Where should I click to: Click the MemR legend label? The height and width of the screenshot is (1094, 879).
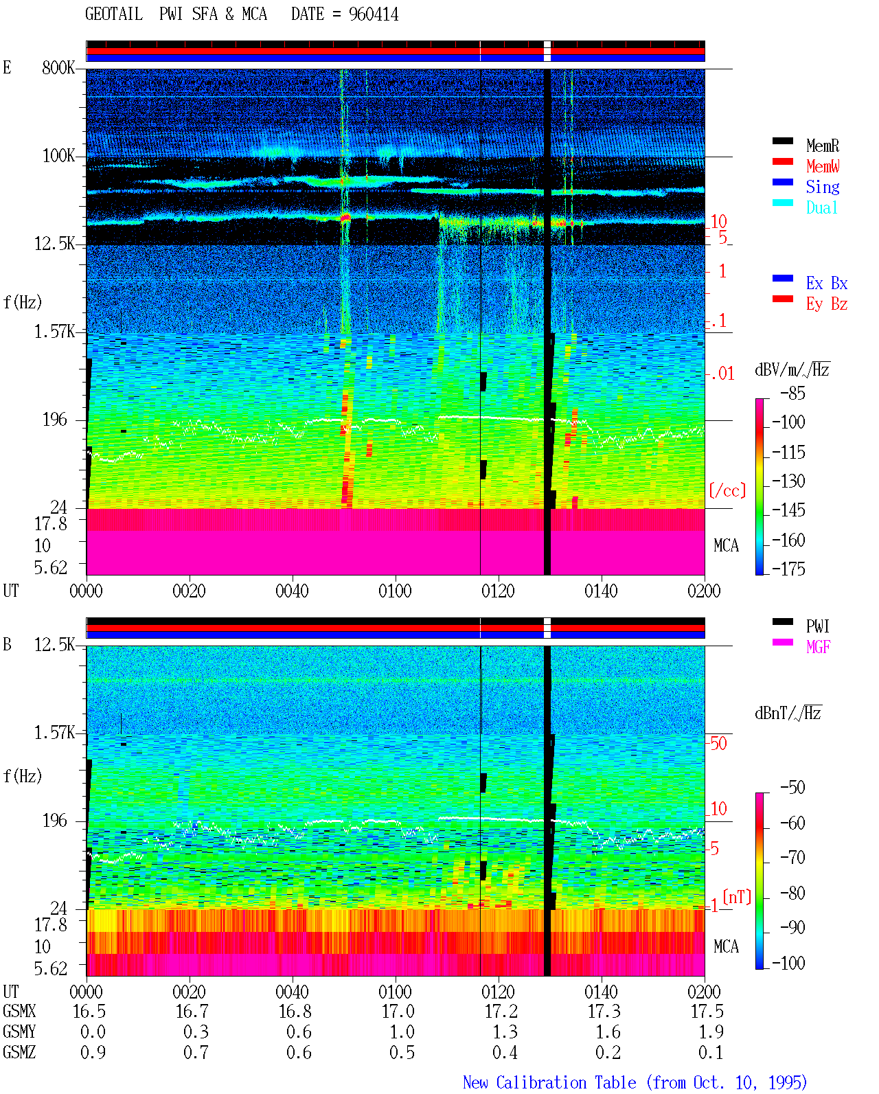pyautogui.click(x=822, y=146)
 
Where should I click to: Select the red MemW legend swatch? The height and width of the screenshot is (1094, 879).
pyautogui.click(x=782, y=161)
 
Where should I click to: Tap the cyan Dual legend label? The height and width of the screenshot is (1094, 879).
pyautogui.click(x=821, y=207)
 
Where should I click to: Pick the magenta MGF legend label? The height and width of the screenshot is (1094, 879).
pyautogui.click(x=818, y=647)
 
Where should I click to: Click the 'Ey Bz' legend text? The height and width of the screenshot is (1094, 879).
pyautogui.click(x=826, y=304)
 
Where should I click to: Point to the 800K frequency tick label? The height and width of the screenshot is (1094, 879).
pyautogui.click(x=58, y=67)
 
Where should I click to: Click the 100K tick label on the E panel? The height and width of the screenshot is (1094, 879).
pyautogui.click(x=58, y=156)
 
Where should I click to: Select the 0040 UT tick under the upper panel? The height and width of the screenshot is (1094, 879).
pyautogui.click(x=292, y=591)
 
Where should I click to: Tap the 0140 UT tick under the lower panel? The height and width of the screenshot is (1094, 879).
pyautogui.click(x=601, y=992)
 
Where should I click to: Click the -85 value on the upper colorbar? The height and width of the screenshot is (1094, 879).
pyautogui.click(x=792, y=393)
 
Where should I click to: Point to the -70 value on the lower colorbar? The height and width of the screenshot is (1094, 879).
pyautogui.click(x=792, y=858)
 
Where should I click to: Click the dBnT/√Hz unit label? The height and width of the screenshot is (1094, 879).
pyautogui.click(x=788, y=714)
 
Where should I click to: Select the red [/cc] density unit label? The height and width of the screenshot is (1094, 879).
pyautogui.click(x=727, y=490)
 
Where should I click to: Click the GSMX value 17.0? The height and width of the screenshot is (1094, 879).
pyautogui.click(x=398, y=1012)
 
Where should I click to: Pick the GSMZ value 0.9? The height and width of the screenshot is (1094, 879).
pyautogui.click(x=93, y=1052)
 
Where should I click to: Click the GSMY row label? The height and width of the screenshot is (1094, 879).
pyautogui.click(x=19, y=1032)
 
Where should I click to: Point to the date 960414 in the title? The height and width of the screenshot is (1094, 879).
pyautogui.click(x=374, y=14)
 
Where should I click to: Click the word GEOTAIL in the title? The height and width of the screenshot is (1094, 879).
pyautogui.click(x=114, y=14)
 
